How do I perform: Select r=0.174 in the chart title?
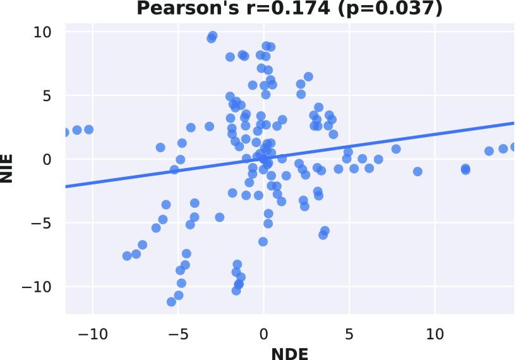coord(275,8)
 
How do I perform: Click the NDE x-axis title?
coord(290,351)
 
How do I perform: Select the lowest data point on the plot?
coord(171,302)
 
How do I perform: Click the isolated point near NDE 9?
coord(417,171)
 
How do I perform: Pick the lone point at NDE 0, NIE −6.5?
coord(263,242)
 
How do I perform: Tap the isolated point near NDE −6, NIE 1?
coord(160,147)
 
